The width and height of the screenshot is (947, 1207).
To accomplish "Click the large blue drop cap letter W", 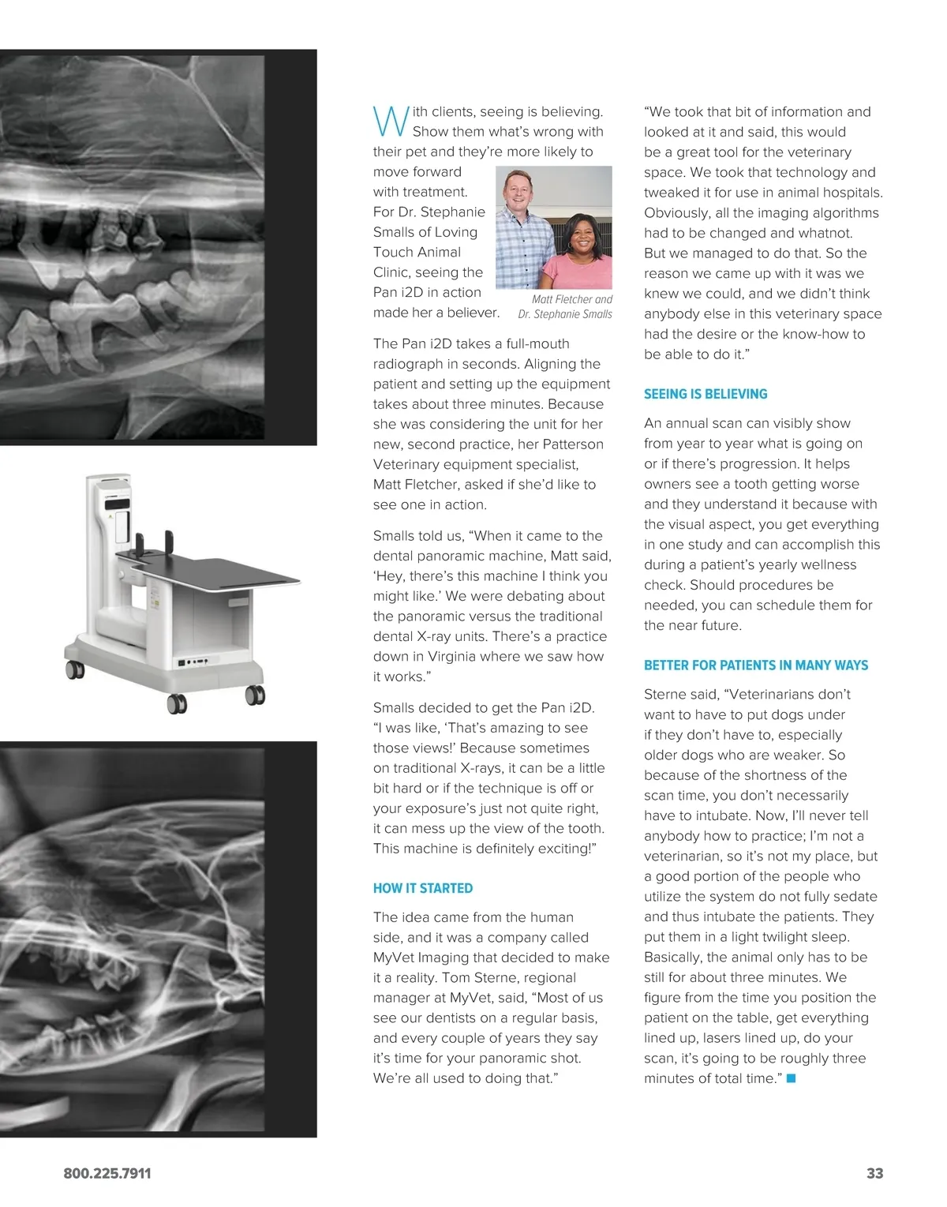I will pos(390,121).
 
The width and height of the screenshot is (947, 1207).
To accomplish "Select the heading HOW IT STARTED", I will pos(422,888).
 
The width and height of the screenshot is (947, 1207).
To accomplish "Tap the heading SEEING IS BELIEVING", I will pos(705,394).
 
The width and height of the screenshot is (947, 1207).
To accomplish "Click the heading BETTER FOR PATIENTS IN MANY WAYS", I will pos(755,665).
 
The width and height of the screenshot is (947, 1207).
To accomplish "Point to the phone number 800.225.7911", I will pos(107,1173).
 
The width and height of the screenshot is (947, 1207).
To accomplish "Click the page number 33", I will pos(874,1173).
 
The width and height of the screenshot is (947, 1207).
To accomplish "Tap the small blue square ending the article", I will pos(792,1078).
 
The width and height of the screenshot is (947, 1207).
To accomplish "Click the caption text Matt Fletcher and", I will pos(571,299).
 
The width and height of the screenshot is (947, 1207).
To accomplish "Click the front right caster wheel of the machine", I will pos(255,695).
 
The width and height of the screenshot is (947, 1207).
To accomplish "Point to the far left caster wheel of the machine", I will pos(75,670).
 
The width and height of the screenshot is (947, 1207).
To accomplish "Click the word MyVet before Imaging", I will pos(393,958).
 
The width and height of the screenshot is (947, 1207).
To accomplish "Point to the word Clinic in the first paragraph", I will pos(391,272).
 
